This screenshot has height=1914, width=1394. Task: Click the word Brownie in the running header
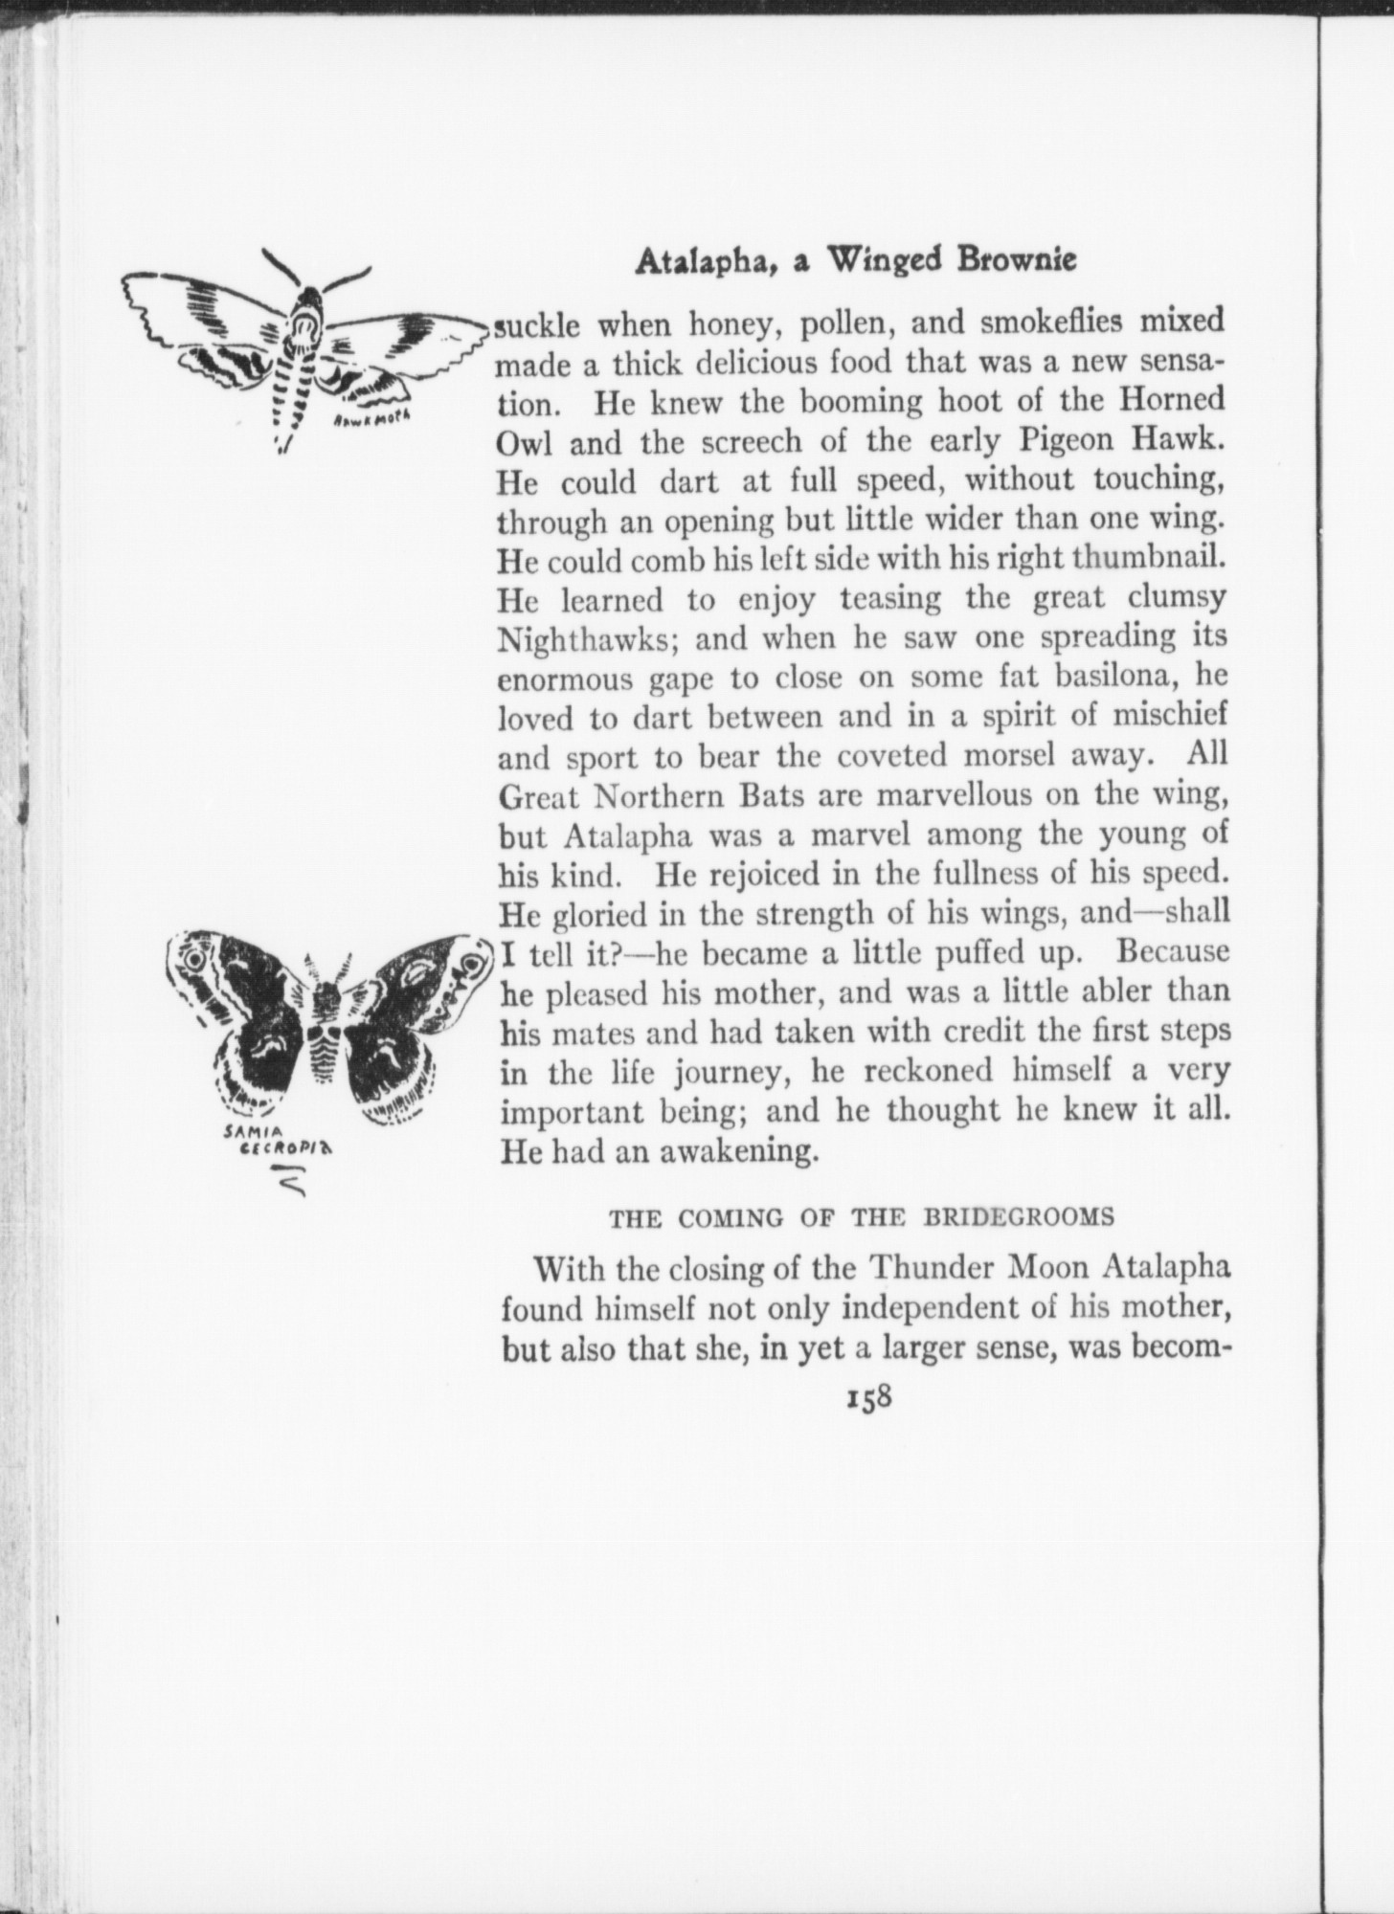1015,261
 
